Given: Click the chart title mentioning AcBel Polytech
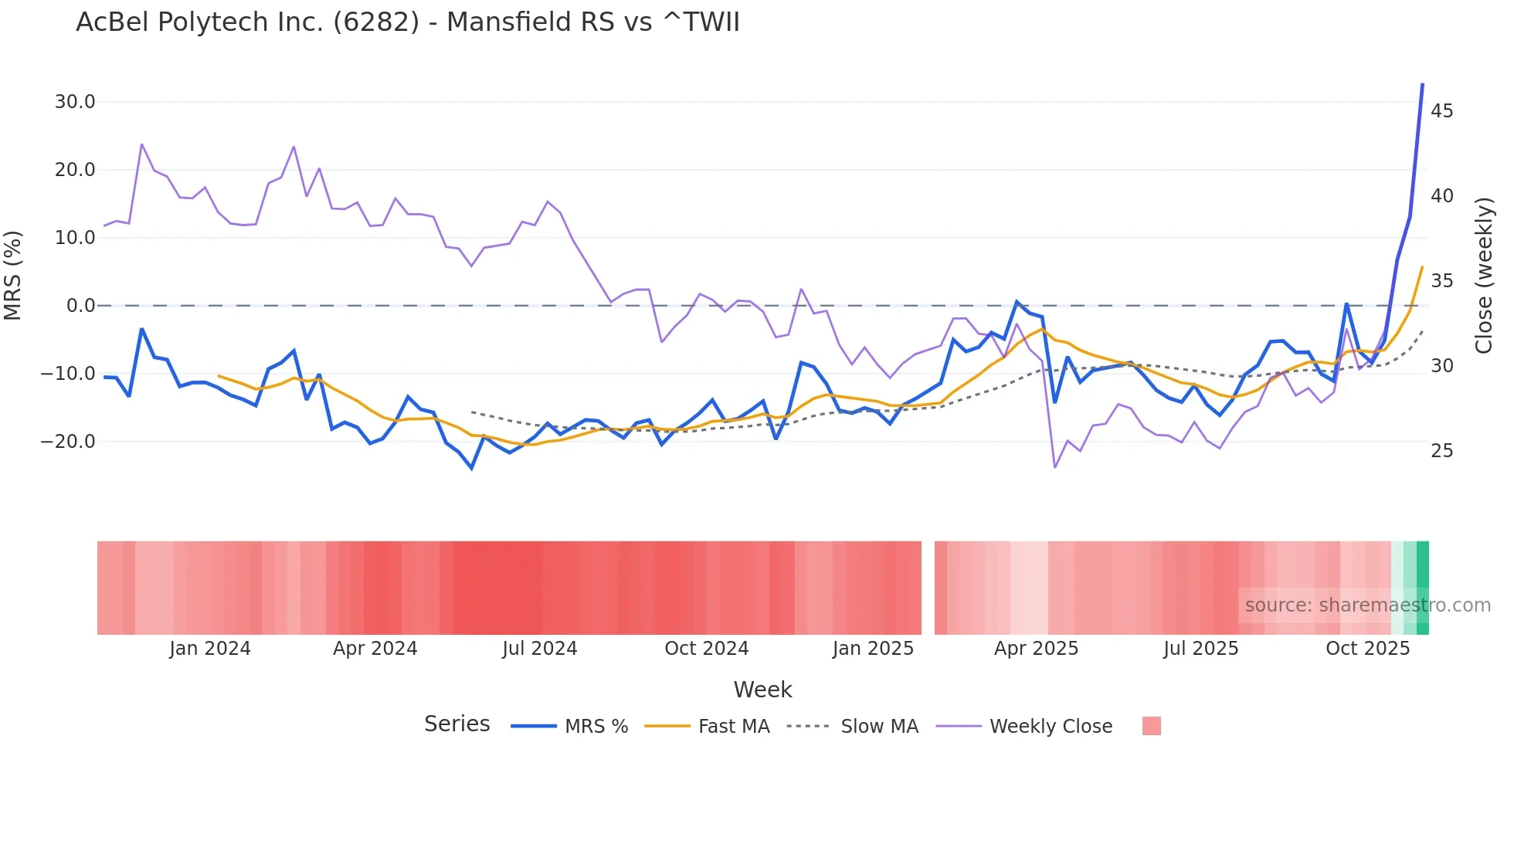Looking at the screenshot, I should (x=407, y=22).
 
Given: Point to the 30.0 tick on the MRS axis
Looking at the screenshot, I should (x=75, y=102).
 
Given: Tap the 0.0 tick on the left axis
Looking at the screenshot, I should (x=80, y=306).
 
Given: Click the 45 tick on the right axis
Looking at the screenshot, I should (x=1441, y=111).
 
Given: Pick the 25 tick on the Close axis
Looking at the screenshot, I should (x=1441, y=451).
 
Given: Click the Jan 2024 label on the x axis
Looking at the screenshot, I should (x=210, y=649).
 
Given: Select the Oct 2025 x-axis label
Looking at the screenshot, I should (x=1367, y=649).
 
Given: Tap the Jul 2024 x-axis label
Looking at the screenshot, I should (x=539, y=649).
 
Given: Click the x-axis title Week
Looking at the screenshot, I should (x=762, y=690).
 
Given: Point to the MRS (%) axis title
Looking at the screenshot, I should (x=13, y=276).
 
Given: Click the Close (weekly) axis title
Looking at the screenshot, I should (x=1483, y=276).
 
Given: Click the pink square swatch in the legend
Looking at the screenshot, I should (x=1151, y=726).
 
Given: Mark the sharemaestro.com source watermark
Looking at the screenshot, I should (x=1367, y=605).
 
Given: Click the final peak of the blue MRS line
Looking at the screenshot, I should (x=1422, y=84).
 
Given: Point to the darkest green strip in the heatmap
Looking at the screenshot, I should (x=1423, y=588).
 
